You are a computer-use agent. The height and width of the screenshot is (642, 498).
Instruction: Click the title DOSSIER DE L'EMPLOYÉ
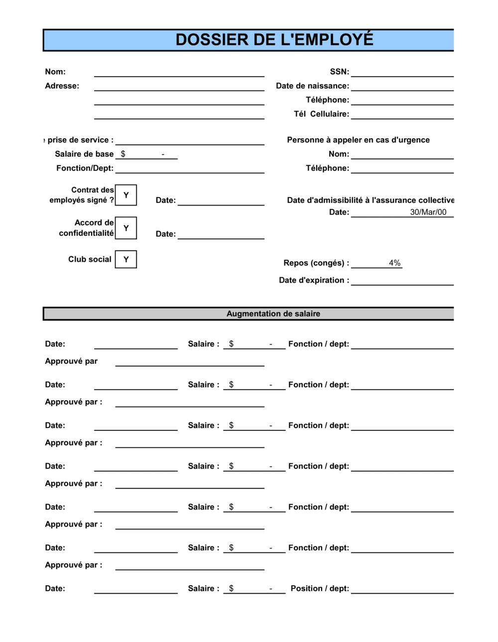(274, 40)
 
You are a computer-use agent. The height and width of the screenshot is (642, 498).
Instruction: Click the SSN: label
(339, 72)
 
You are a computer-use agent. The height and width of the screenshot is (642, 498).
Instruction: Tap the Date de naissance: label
(312, 86)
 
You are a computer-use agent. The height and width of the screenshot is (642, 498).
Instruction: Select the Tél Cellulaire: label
(321, 114)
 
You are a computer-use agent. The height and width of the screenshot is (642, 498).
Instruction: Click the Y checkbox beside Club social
(126, 259)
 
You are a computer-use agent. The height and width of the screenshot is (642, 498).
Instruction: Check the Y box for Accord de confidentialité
(126, 228)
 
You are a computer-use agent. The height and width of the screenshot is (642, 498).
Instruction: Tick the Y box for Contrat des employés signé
(126, 195)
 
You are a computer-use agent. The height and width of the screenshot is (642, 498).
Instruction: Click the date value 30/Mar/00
(428, 212)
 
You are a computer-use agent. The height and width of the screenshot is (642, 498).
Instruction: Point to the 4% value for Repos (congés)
(394, 263)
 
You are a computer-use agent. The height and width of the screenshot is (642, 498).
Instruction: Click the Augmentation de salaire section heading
(273, 314)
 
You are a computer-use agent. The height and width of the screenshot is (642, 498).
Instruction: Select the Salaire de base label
(84, 154)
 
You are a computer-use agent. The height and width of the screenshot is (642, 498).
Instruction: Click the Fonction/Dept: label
(85, 168)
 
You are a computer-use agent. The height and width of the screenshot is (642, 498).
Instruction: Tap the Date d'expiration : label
(314, 280)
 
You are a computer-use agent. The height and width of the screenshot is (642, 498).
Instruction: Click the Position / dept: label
(320, 588)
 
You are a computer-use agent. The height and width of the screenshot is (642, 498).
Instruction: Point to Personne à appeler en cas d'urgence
(358, 140)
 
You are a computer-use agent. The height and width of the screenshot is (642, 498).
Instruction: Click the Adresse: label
(62, 86)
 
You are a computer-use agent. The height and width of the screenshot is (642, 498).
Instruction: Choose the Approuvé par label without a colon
(71, 361)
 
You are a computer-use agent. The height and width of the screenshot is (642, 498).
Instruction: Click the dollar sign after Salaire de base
(123, 154)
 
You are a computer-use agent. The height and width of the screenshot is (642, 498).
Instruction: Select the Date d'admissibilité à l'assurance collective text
(370, 200)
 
